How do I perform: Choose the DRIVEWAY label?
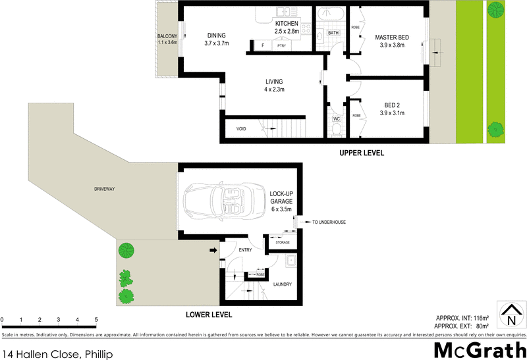[104, 189]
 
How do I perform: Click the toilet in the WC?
[336, 129]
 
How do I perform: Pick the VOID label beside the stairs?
[241, 129]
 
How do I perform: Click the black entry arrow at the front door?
[213, 250]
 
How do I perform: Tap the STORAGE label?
[283, 243]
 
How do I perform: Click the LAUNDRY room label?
[283, 284]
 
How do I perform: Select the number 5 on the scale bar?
[96, 321]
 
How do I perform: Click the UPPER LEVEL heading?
[361, 153]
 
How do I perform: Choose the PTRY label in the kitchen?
[282, 45]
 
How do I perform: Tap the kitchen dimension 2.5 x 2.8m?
[287, 31]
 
